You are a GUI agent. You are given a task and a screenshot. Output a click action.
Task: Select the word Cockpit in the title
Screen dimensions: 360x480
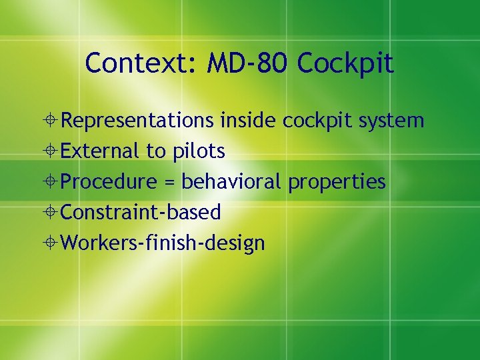(346, 65)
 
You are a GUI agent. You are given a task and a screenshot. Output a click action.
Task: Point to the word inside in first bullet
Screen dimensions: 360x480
(249, 121)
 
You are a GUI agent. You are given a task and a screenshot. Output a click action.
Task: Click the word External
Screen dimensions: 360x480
(101, 151)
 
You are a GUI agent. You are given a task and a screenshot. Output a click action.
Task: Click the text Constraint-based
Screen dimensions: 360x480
(141, 213)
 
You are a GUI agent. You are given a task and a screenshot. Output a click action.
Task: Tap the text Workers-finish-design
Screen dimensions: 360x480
(163, 243)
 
